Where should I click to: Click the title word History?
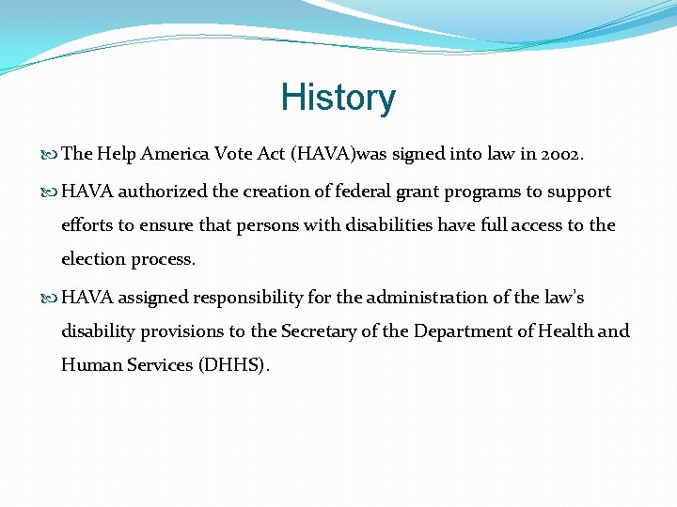point(338,98)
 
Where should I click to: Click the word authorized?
point(164,192)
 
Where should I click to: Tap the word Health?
point(569,331)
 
